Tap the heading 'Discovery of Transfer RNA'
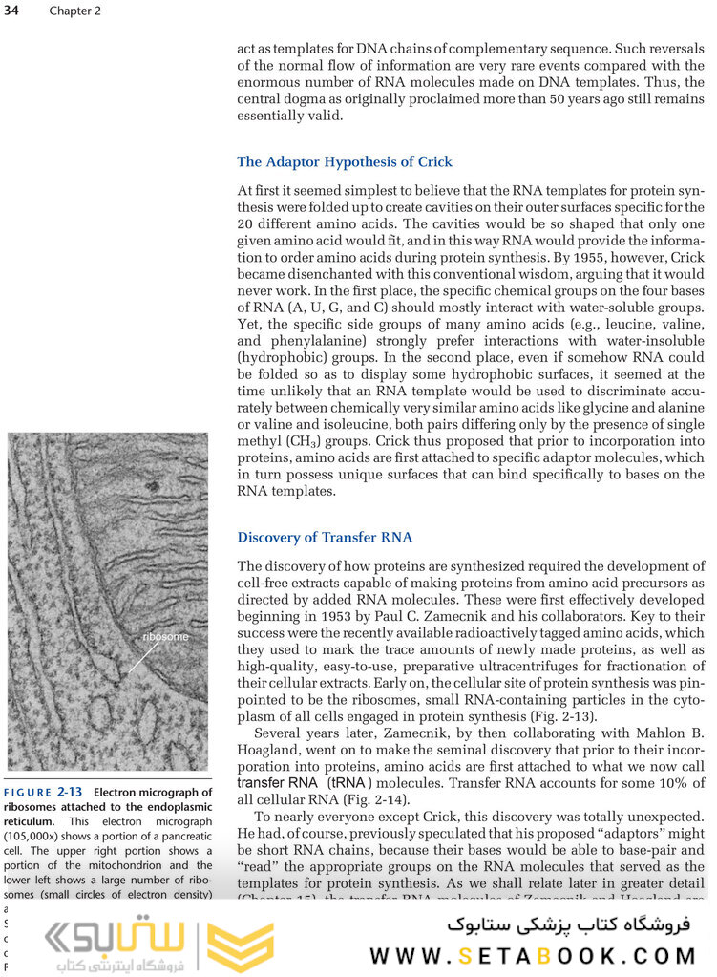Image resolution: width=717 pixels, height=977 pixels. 325,537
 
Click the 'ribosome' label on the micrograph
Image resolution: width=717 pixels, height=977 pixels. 164,636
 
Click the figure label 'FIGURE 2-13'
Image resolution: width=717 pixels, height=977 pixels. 45,792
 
